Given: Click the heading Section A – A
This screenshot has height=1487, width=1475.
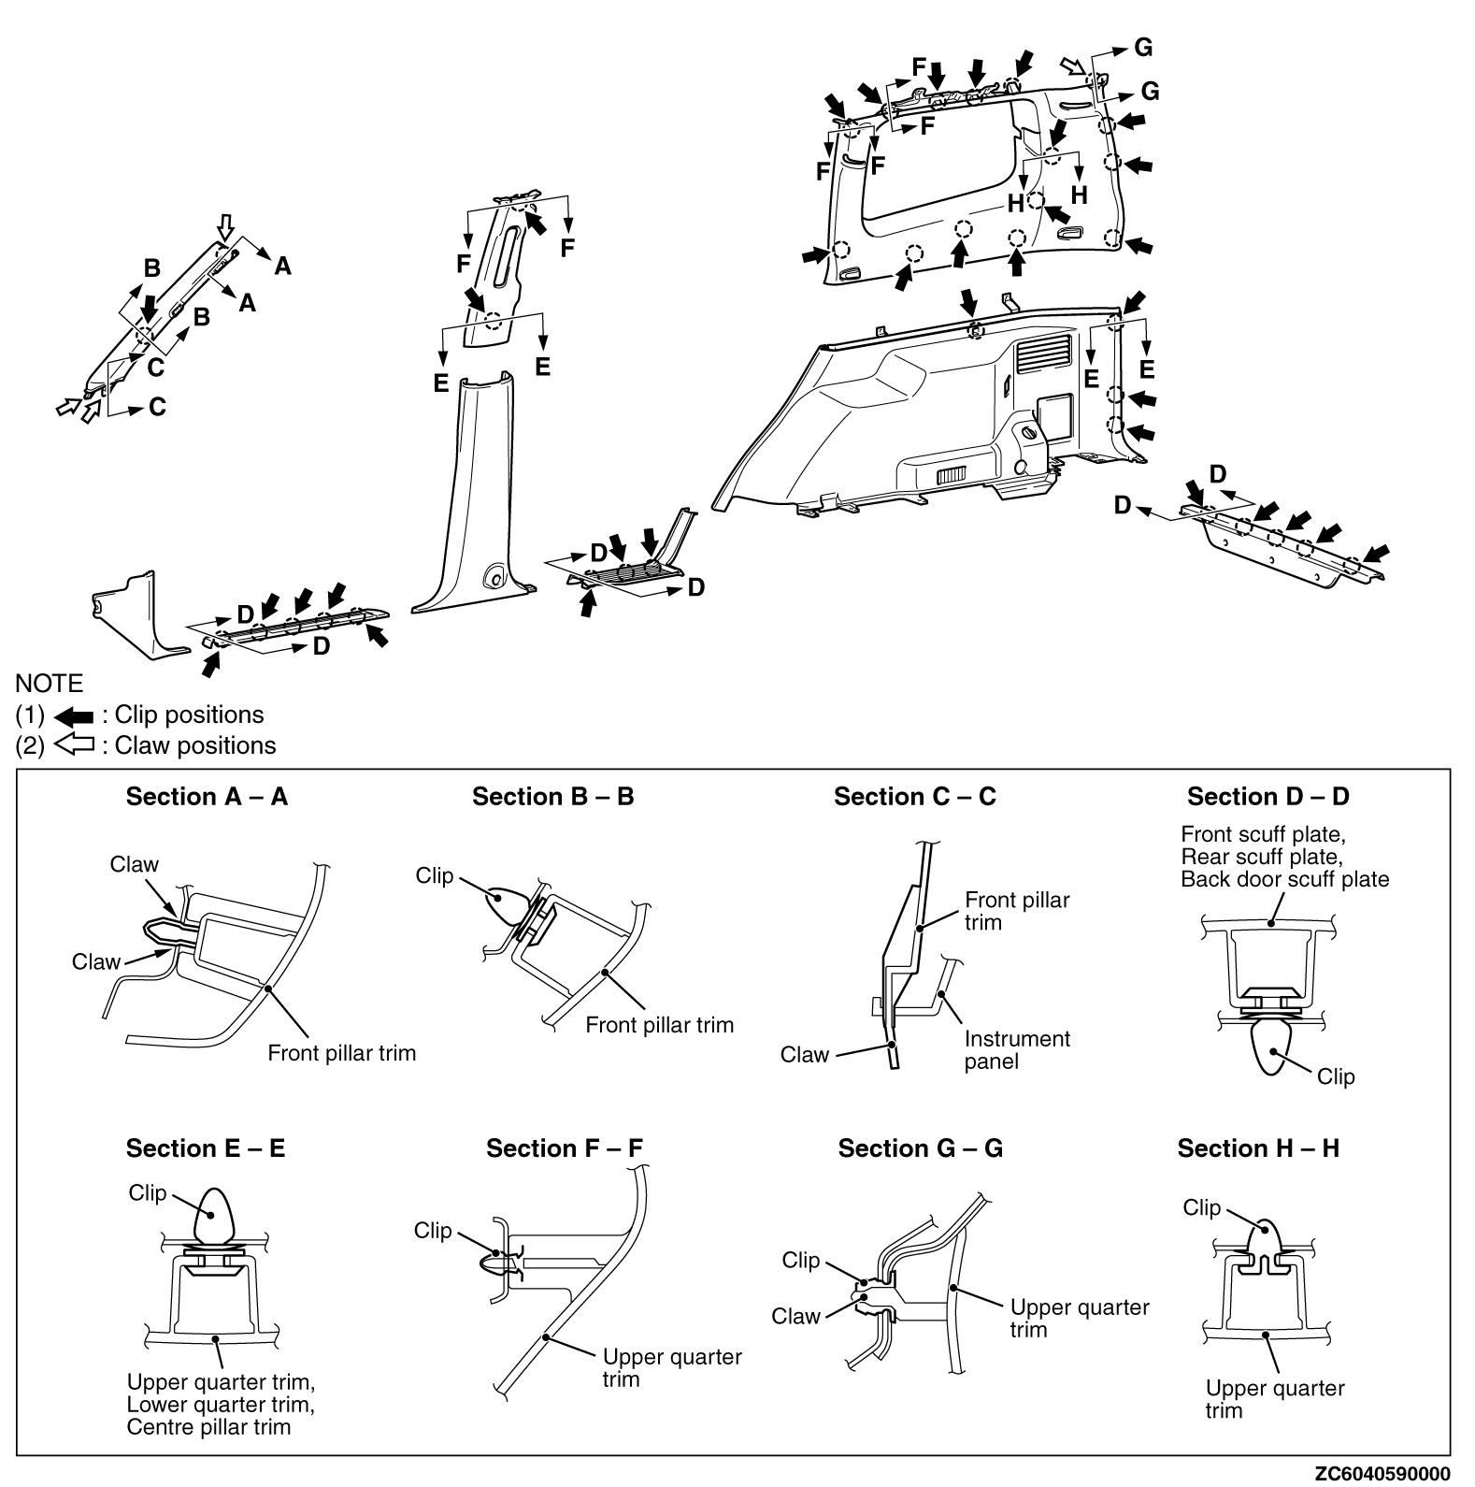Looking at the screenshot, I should pyautogui.click(x=207, y=797).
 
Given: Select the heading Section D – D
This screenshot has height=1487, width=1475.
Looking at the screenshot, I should pyautogui.click(x=1267, y=797).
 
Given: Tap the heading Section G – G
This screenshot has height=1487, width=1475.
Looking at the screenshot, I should pyautogui.click(x=920, y=1148).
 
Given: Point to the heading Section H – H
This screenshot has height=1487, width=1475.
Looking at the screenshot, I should pyautogui.click(x=1258, y=1148).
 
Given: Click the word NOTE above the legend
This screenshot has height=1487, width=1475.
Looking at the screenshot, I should pyautogui.click(x=49, y=684).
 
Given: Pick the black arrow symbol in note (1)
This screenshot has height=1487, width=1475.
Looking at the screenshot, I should pyautogui.click(x=74, y=716).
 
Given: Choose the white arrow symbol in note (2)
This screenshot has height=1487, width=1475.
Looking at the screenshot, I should pyautogui.click(x=74, y=746).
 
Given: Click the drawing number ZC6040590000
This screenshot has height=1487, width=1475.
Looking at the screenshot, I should pyautogui.click(x=1382, y=1474).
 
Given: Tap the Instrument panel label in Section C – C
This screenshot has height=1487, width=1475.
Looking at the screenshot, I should pyautogui.click(x=1017, y=1050).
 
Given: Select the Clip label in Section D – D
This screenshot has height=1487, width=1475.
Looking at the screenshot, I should pyautogui.click(x=1335, y=1077).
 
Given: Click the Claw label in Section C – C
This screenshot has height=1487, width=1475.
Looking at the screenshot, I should pyautogui.click(x=805, y=1055).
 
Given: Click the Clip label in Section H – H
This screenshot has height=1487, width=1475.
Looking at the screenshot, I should pyautogui.click(x=1201, y=1208).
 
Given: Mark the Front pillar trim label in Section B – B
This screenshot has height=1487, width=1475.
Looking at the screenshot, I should pyautogui.click(x=659, y=1025).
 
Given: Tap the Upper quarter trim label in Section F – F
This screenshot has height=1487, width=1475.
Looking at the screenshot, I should pyautogui.click(x=672, y=1368).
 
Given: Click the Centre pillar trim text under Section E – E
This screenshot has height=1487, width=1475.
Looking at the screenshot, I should pyautogui.click(x=208, y=1427).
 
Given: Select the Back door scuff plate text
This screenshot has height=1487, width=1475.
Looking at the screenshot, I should pyautogui.click(x=1284, y=879).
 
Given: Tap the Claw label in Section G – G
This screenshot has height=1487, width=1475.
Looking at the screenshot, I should pyautogui.click(x=795, y=1317).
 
